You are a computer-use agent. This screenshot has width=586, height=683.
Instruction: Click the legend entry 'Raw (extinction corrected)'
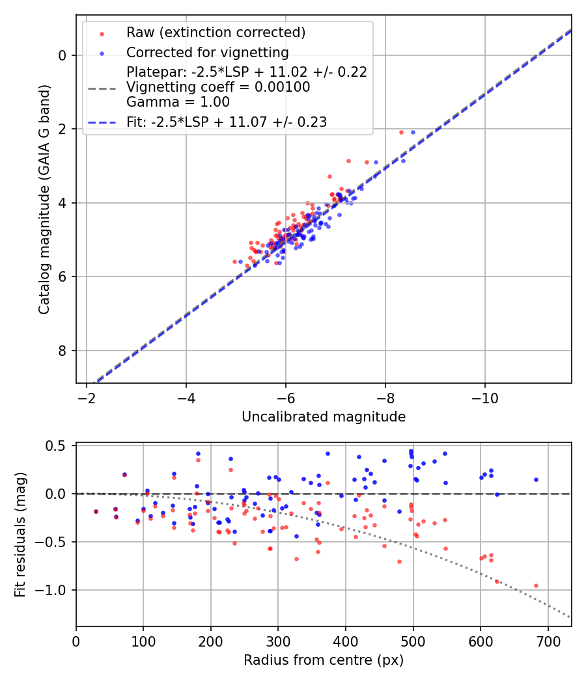(216, 32)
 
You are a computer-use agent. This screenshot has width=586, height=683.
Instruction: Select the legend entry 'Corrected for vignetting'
(207, 52)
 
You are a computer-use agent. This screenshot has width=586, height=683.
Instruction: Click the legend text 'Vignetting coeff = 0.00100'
(218, 87)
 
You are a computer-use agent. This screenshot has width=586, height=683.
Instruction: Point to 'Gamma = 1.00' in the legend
(178, 101)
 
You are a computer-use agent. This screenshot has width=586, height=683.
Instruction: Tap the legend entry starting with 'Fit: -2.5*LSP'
(227, 121)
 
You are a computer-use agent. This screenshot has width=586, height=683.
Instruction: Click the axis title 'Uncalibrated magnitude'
(324, 417)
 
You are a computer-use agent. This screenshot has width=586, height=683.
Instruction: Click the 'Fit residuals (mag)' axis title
(20, 534)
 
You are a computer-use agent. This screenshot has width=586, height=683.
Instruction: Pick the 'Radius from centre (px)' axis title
(324, 660)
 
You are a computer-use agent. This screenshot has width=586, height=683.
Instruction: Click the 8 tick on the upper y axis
(63, 351)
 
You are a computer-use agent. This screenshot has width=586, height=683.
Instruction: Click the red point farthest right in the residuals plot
(536, 585)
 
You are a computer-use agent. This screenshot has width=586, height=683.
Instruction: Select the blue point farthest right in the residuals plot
(536, 479)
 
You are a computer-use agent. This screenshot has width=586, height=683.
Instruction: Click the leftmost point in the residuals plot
(96, 511)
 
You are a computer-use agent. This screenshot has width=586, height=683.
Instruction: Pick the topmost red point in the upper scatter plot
(401, 131)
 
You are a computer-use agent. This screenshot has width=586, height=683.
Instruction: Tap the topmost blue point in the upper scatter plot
(413, 132)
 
